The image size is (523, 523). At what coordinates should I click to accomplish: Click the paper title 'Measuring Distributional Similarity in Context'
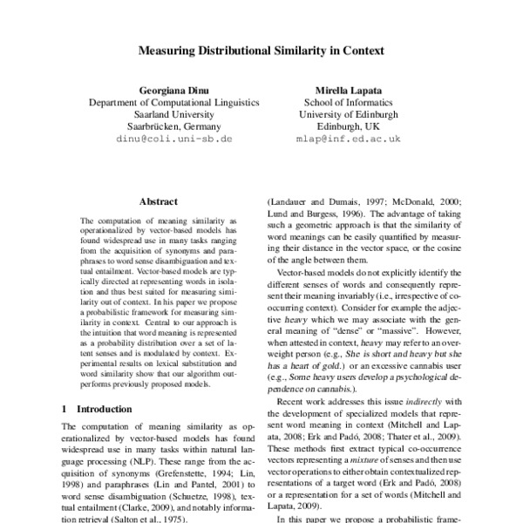[261, 51]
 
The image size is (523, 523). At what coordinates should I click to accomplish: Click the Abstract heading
[163, 201]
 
